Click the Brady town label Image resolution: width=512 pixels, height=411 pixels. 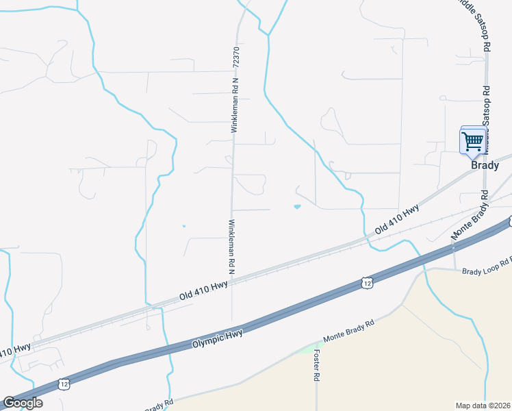click(x=485, y=165)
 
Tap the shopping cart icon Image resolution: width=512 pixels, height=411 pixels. click(x=473, y=142)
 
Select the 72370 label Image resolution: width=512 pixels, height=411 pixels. click(x=236, y=56)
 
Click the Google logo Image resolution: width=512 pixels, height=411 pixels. click(x=22, y=403)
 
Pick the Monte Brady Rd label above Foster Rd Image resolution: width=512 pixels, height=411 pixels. click(x=349, y=332)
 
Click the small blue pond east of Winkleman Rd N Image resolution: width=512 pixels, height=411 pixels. click(x=296, y=206)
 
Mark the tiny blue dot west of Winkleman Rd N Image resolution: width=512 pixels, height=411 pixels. click(x=183, y=225)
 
